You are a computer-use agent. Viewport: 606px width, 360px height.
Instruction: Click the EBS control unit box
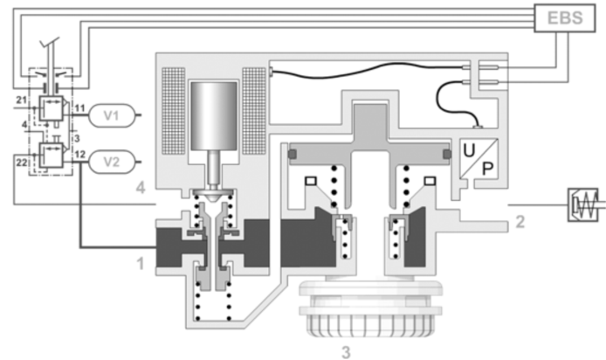[x=563, y=18]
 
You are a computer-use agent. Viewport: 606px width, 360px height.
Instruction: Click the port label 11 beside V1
[x=79, y=107]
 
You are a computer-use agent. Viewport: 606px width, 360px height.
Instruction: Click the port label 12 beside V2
[x=79, y=155]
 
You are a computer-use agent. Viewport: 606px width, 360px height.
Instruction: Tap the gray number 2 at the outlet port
[x=520, y=222]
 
